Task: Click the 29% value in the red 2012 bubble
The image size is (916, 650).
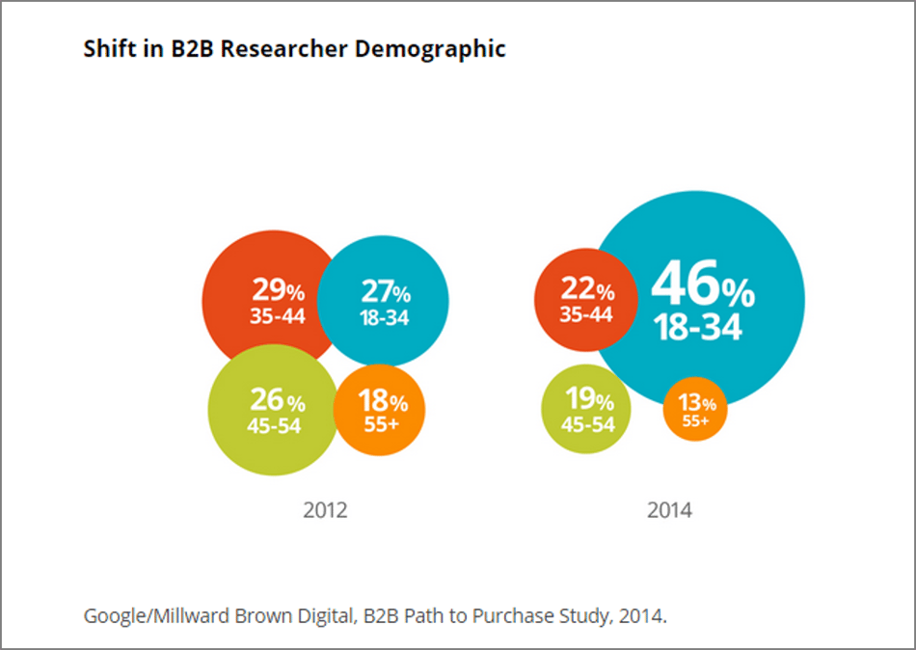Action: tap(279, 290)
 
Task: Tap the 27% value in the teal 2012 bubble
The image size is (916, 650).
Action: tap(386, 292)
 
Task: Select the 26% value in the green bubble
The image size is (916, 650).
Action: tap(278, 400)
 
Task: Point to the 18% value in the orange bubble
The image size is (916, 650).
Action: tap(382, 400)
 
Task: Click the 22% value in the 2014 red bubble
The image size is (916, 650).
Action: tap(587, 289)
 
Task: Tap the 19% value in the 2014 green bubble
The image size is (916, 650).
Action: tap(588, 398)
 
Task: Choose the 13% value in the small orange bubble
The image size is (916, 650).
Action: tap(696, 404)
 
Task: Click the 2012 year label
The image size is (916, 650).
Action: tap(325, 510)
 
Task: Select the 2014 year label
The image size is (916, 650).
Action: tap(669, 510)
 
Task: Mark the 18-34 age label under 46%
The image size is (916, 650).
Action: tap(699, 328)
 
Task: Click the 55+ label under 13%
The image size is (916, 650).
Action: tap(696, 421)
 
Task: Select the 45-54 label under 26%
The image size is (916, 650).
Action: tap(276, 425)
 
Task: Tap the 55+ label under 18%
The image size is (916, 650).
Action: tap(382, 422)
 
